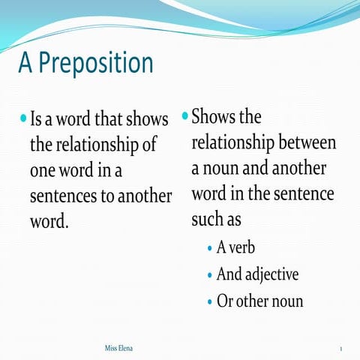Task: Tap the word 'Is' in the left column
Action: coord(37,119)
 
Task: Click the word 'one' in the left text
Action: coord(45,170)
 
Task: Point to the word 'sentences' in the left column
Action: coord(62,196)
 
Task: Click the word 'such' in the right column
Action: coord(206,220)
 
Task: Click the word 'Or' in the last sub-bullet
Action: coord(224,301)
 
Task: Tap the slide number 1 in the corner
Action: coord(341,350)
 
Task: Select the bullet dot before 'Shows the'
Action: coord(184,116)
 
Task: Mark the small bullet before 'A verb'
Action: coord(208,248)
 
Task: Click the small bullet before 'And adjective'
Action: coord(208,274)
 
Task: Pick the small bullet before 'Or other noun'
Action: coord(208,301)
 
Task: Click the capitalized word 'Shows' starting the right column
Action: coord(212,117)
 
